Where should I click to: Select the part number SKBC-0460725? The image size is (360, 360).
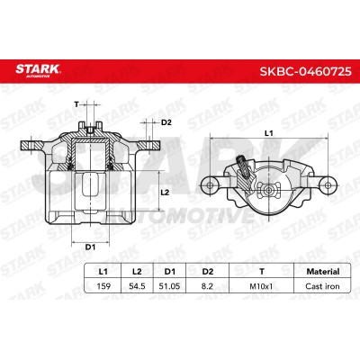[x=305, y=71]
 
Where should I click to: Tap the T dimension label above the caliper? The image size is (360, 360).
[x=76, y=104]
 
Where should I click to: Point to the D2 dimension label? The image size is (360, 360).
[x=166, y=122]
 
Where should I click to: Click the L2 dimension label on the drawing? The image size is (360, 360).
[x=165, y=193]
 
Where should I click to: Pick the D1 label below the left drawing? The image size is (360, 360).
[x=90, y=247]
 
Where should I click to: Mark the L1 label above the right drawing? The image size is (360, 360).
[x=269, y=133]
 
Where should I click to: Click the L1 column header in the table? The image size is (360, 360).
[x=103, y=272]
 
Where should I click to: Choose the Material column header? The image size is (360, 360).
[x=323, y=272]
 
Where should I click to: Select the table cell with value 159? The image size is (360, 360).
[x=103, y=286]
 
